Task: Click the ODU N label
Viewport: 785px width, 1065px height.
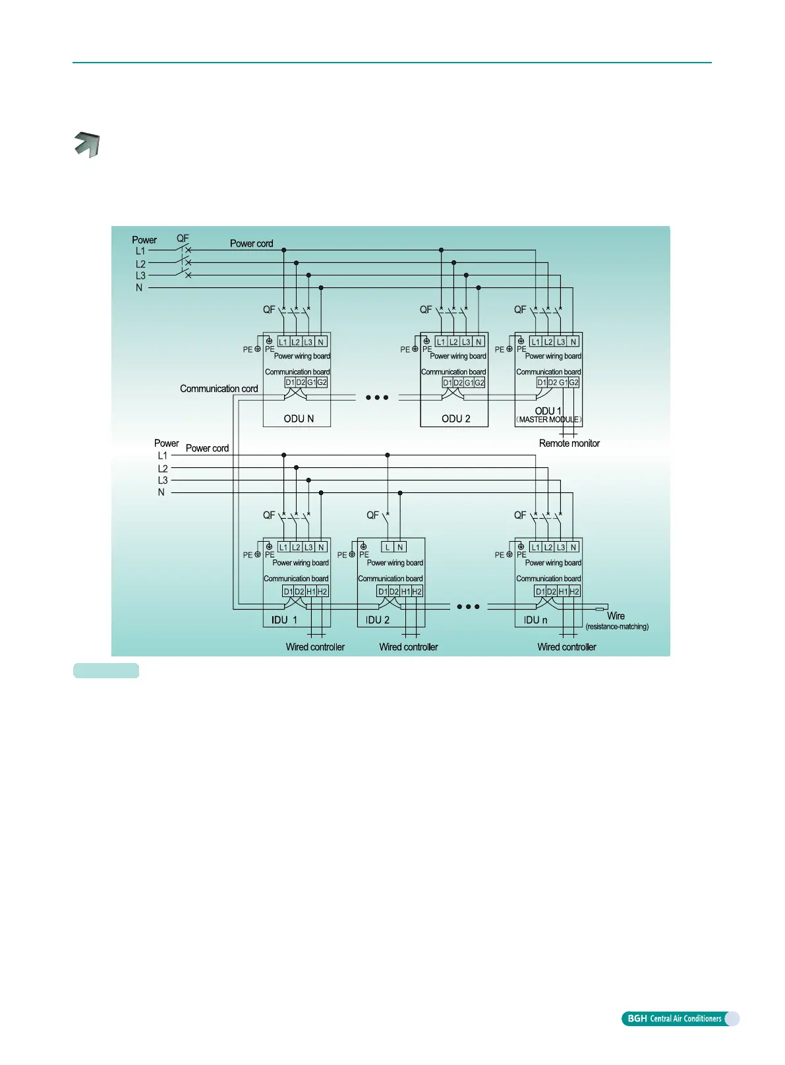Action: click(299, 418)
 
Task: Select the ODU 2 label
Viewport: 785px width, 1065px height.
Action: click(456, 418)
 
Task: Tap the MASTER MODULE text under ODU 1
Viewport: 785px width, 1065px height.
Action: click(549, 420)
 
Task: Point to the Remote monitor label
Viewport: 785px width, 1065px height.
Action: click(569, 444)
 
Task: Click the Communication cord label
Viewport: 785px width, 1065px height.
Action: click(219, 389)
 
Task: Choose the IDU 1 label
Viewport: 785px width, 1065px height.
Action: click(284, 620)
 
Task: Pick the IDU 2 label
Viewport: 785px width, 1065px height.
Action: click(378, 620)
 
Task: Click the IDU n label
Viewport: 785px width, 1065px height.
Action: click(536, 620)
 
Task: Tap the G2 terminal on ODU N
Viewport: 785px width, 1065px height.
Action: click(322, 382)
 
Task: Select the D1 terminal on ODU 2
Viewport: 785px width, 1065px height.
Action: click(448, 382)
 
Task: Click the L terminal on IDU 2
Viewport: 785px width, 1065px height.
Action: click(388, 547)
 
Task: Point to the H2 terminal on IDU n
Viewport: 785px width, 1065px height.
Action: click(574, 592)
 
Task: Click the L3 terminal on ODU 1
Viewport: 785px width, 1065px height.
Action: click(561, 342)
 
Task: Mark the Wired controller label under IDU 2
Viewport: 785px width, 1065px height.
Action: click(409, 647)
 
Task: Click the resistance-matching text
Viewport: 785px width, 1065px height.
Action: click(617, 627)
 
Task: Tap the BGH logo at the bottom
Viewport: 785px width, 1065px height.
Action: click(637, 1019)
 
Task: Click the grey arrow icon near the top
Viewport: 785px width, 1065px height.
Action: click(86, 144)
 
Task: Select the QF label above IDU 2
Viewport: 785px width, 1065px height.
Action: click(372, 515)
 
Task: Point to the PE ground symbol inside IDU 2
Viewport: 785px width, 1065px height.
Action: click(363, 547)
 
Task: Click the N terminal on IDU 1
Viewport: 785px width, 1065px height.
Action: click(321, 547)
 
